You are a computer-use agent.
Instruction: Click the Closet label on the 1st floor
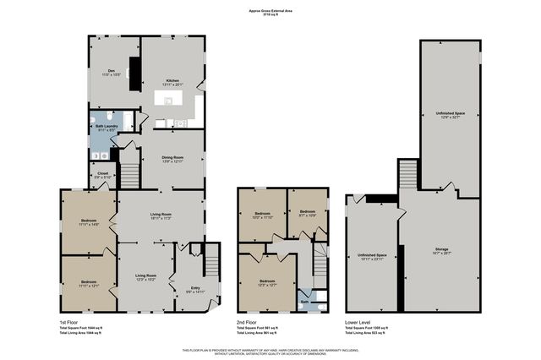tap(101, 175)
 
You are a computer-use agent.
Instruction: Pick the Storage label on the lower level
tap(442, 249)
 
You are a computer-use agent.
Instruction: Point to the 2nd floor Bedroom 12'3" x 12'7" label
tap(267, 282)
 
